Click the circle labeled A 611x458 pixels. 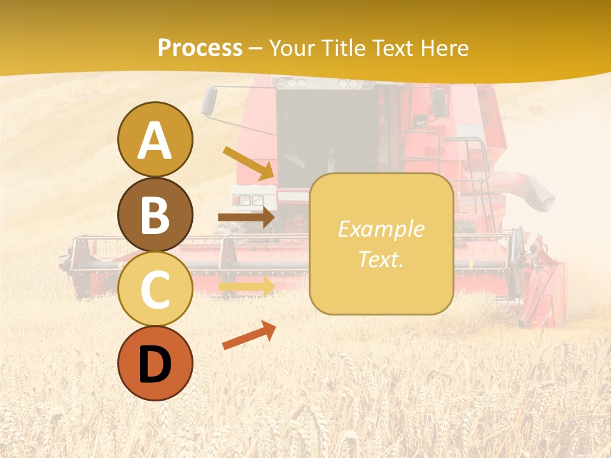click(x=155, y=139)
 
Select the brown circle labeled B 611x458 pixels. click(x=155, y=214)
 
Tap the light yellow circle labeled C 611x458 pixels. click(x=155, y=289)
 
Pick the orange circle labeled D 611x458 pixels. click(x=155, y=363)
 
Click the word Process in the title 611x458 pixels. click(x=200, y=48)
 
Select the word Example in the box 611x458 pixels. click(x=381, y=229)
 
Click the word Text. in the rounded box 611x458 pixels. click(x=381, y=259)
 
